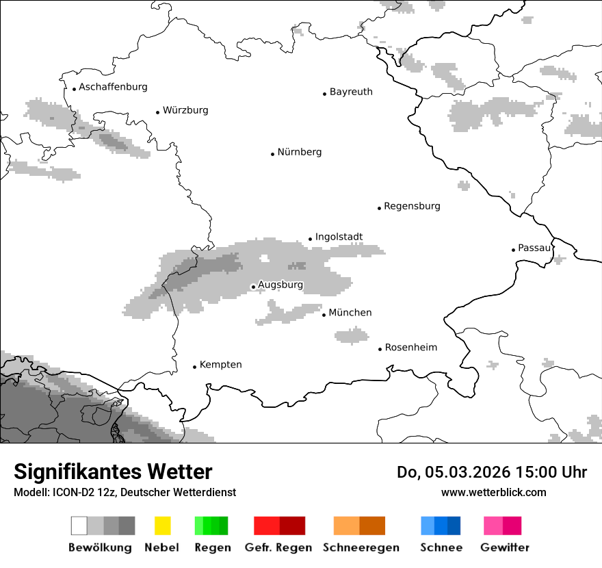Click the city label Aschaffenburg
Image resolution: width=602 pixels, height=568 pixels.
(x=113, y=87)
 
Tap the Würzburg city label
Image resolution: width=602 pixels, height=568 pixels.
(x=185, y=110)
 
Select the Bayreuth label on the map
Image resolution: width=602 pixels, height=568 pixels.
(x=351, y=92)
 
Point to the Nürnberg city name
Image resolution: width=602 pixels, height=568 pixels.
(x=300, y=152)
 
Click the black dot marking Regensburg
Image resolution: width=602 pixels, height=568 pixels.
(x=379, y=207)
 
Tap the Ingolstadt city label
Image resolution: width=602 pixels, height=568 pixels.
(x=339, y=237)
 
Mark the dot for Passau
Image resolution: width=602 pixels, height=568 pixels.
(x=513, y=250)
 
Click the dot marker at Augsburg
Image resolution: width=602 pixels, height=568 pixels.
(x=253, y=287)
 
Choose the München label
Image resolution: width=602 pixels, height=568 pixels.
(x=350, y=313)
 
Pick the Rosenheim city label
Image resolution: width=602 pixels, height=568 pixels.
(x=411, y=348)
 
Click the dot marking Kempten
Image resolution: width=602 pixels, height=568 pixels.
(x=194, y=367)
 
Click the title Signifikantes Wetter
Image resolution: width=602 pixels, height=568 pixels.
(x=113, y=472)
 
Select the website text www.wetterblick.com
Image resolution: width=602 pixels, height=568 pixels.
(x=493, y=493)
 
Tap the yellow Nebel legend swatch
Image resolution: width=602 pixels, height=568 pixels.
(x=162, y=526)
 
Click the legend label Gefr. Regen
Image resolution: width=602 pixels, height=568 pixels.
(x=278, y=548)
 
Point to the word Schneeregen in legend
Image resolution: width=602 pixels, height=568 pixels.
(x=361, y=548)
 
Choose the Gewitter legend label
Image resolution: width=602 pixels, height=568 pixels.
(x=505, y=548)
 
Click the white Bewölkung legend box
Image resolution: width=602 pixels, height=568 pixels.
(x=79, y=526)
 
